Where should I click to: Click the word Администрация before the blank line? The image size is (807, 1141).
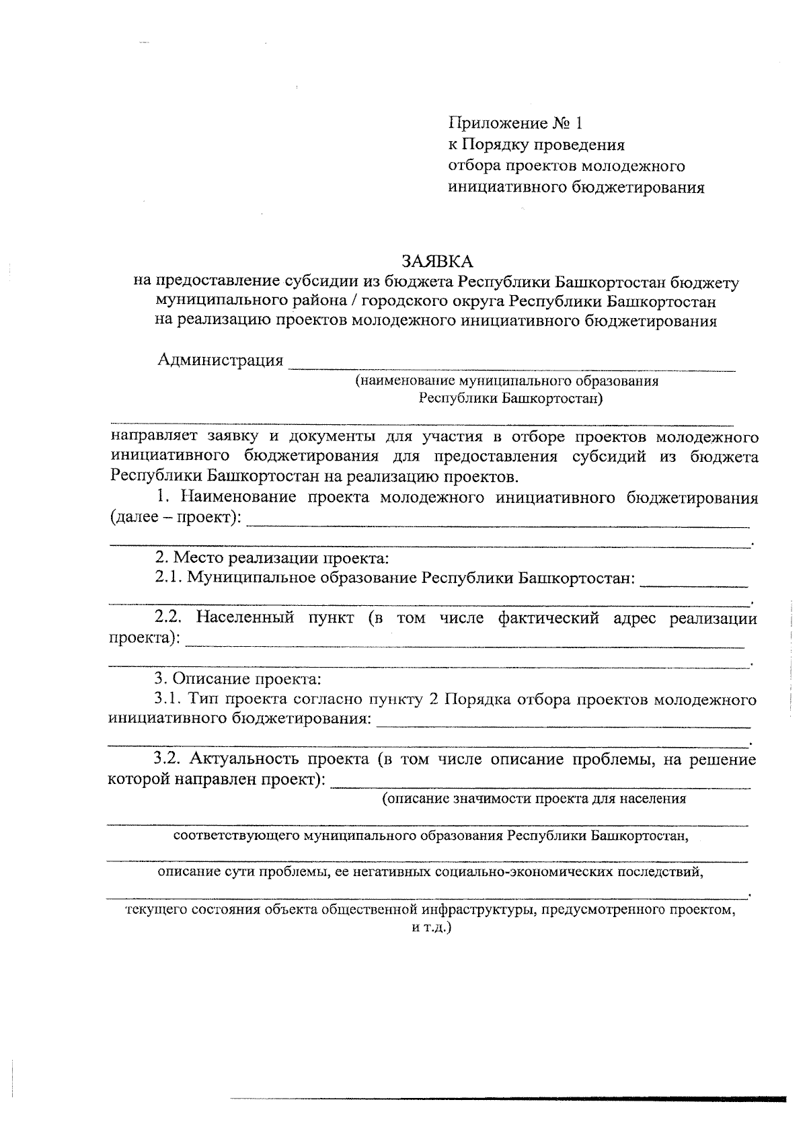click(221, 360)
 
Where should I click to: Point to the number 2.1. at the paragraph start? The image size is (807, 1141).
click(168, 578)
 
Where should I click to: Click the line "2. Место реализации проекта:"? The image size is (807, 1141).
click(272, 557)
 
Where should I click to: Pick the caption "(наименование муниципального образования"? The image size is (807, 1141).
click(507, 381)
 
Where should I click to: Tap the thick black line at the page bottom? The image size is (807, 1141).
click(508, 1099)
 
